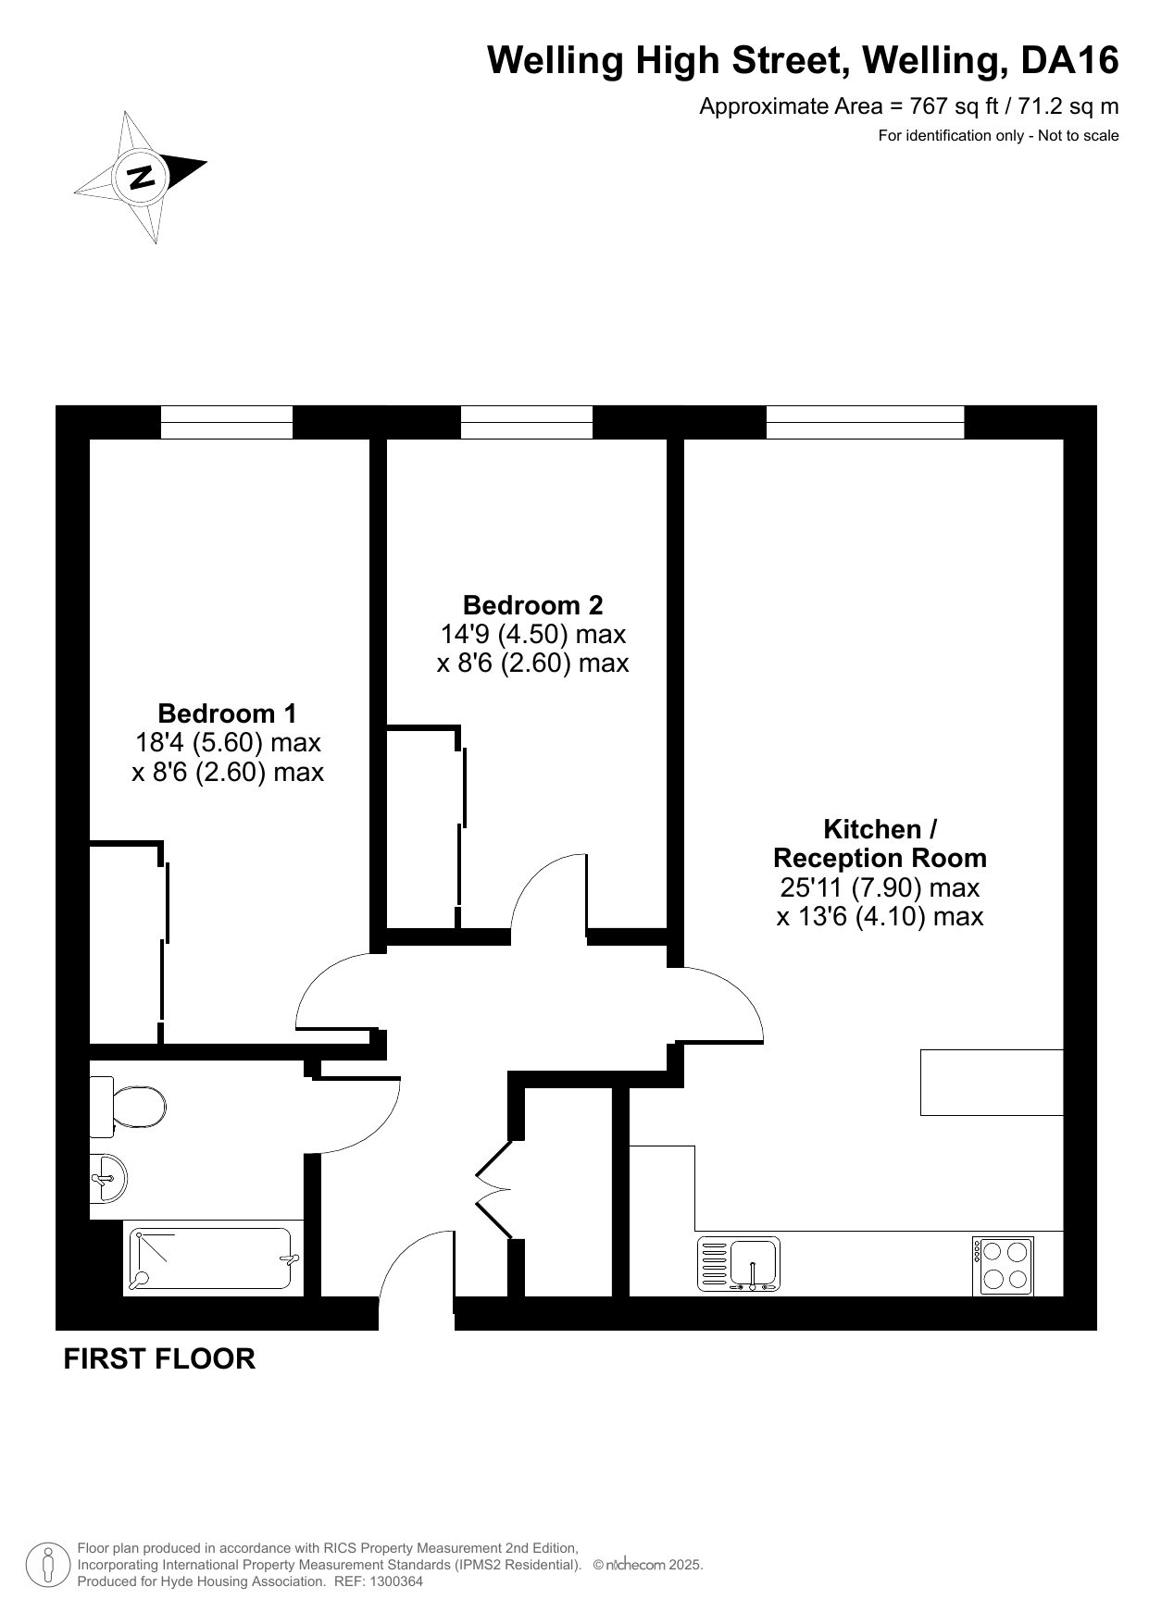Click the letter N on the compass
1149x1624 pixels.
[142, 176]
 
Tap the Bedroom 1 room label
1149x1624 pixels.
[228, 713]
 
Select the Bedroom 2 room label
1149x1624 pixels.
[532, 605]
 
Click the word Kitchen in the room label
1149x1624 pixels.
[872, 828]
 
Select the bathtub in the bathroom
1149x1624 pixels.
[212, 1258]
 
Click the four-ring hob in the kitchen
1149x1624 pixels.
[1003, 1266]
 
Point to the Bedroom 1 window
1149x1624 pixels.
[227, 423]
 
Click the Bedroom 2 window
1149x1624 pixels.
[527, 423]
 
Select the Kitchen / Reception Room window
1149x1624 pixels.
[866, 423]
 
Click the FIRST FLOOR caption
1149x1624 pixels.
[159, 1358]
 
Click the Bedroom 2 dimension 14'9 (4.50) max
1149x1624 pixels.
[532, 635]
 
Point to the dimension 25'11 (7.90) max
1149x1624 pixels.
[880, 887]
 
